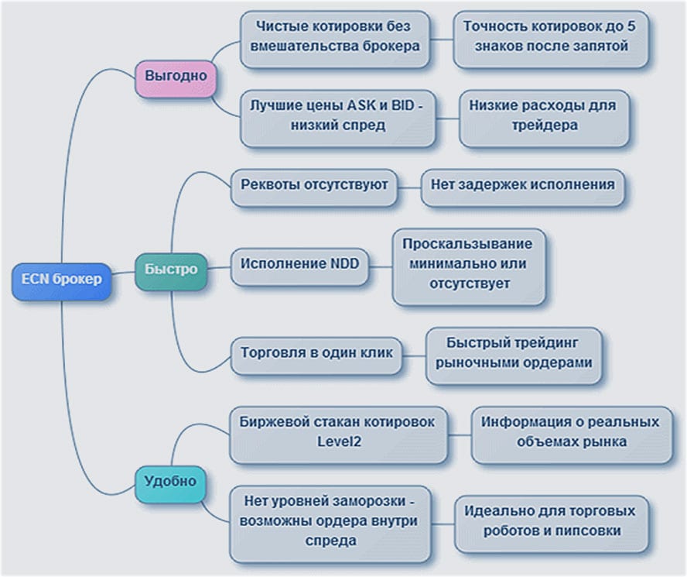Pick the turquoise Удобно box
[170, 481]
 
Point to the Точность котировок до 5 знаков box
[549, 36]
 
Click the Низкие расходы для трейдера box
[543, 118]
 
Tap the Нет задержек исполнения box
[523, 185]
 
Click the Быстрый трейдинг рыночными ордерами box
[513, 353]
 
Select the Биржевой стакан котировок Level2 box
[337, 431]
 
